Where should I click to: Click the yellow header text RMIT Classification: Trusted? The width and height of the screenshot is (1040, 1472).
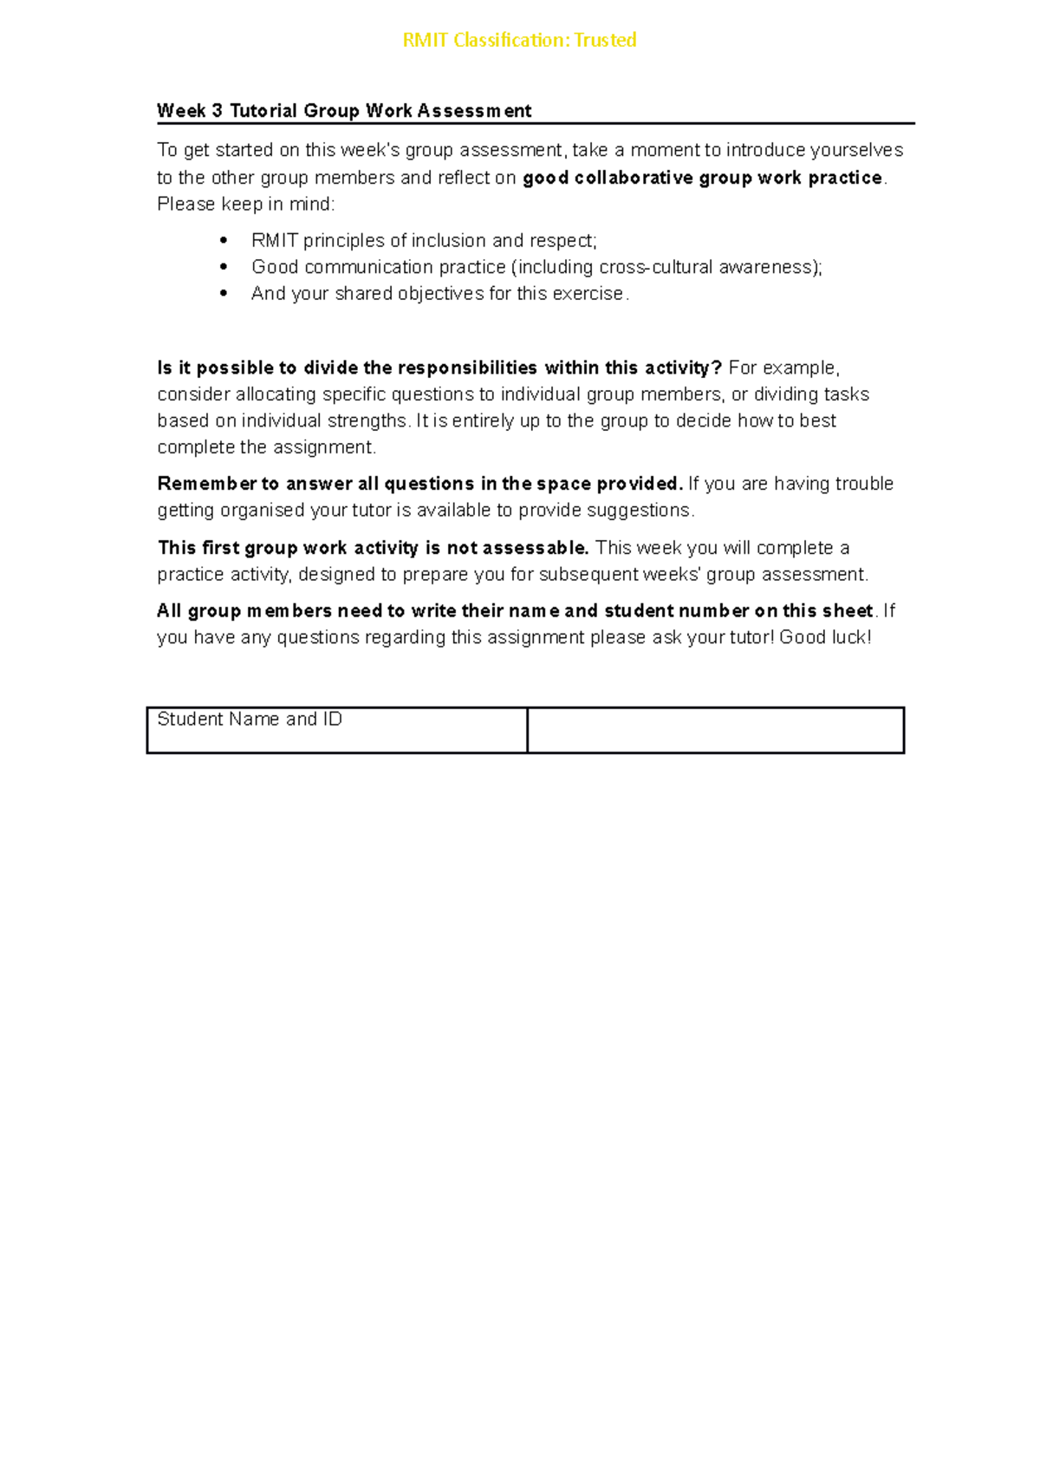[x=519, y=41]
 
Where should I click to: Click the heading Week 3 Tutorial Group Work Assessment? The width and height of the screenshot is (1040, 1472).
[x=344, y=111]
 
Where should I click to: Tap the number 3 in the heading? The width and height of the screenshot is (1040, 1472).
[x=217, y=111]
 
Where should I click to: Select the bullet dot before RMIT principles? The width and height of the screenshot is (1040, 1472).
[x=224, y=240]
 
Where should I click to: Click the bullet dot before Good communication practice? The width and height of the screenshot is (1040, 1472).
[x=224, y=267]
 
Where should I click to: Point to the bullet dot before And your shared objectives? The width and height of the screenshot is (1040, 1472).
[x=224, y=294]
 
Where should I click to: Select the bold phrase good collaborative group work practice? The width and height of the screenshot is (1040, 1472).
[x=702, y=178]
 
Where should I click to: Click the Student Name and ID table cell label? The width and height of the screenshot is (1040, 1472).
[x=250, y=720]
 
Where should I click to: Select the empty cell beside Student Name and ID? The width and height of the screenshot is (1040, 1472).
[x=715, y=730]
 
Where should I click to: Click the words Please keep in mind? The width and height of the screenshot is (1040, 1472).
[x=245, y=205]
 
